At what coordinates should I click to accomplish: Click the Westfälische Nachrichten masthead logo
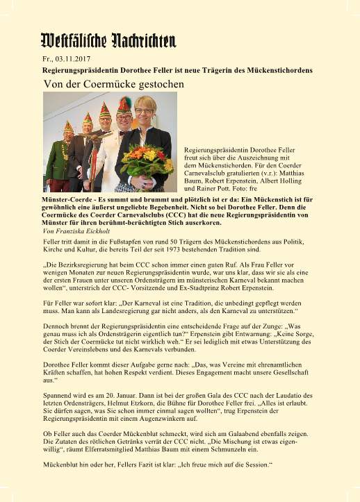point(108,40)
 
